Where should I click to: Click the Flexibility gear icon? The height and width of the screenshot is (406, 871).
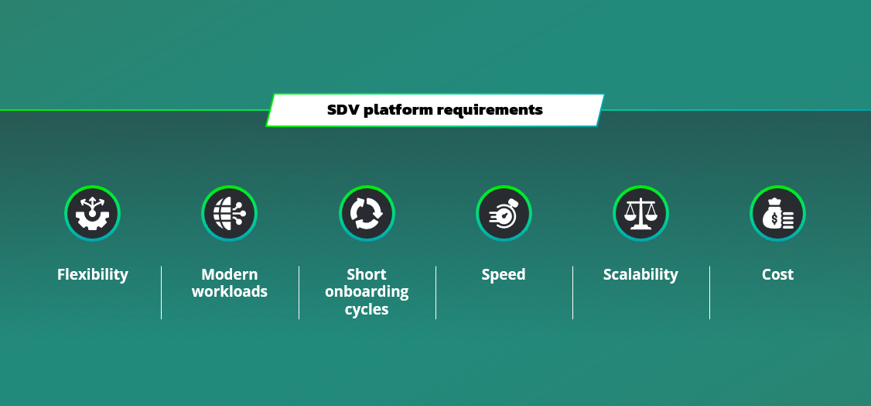[x=93, y=213]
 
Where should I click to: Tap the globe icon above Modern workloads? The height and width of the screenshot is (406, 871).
[x=230, y=213]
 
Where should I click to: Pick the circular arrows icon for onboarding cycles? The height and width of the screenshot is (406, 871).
[x=367, y=213]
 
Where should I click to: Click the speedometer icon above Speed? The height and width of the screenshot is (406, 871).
[x=504, y=213]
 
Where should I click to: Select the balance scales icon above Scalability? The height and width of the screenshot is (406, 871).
[x=640, y=213]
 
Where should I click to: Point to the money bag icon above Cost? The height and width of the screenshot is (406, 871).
[x=777, y=213]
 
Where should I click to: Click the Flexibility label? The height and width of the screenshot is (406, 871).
[x=93, y=274]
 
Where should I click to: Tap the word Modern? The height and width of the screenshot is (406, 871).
[x=230, y=274]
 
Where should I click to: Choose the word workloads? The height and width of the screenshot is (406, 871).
[x=230, y=292]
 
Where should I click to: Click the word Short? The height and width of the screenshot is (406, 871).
[x=367, y=274]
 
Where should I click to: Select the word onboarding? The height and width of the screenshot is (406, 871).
[x=367, y=292]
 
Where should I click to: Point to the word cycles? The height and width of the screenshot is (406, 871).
[x=367, y=310]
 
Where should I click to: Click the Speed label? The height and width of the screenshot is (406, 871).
[x=504, y=274]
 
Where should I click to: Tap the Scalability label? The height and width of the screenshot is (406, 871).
[x=640, y=274]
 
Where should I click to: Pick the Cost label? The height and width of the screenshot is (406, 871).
[x=777, y=274]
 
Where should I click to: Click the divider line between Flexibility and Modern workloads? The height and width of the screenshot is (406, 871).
[x=161, y=293]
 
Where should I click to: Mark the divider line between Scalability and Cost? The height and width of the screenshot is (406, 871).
[x=709, y=293]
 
